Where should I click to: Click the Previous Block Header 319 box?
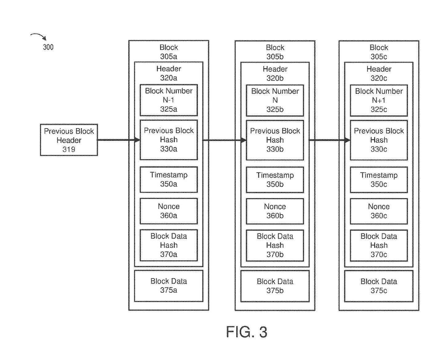click(x=69, y=140)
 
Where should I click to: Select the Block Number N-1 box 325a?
click(x=169, y=100)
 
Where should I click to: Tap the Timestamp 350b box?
click(x=275, y=180)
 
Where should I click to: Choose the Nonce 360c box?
click(x=379, y=211)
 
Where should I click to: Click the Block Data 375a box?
click(x=169, y=286)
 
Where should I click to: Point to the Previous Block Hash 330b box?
click(x=275, y=140)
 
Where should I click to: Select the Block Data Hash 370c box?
click(x=379, y=245)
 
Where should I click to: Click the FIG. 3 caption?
click(x=246, y=332)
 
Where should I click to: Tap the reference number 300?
click(x=48, y=47)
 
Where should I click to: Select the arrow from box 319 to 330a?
click(x=118, y=140)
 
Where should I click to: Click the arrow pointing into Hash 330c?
click(x=329, y=140)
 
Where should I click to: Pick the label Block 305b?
click(x=275, y=52)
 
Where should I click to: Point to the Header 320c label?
click(x=379, y=73)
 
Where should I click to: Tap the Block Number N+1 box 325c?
click(x=379, y=100)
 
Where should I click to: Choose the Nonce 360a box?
click(x=169, y=211)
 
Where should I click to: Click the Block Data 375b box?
click(x=275, y=286)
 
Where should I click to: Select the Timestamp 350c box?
click(x=379, y=180)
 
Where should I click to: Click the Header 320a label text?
click(x=169, y=73)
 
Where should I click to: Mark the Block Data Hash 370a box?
click(x=169, y=245)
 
